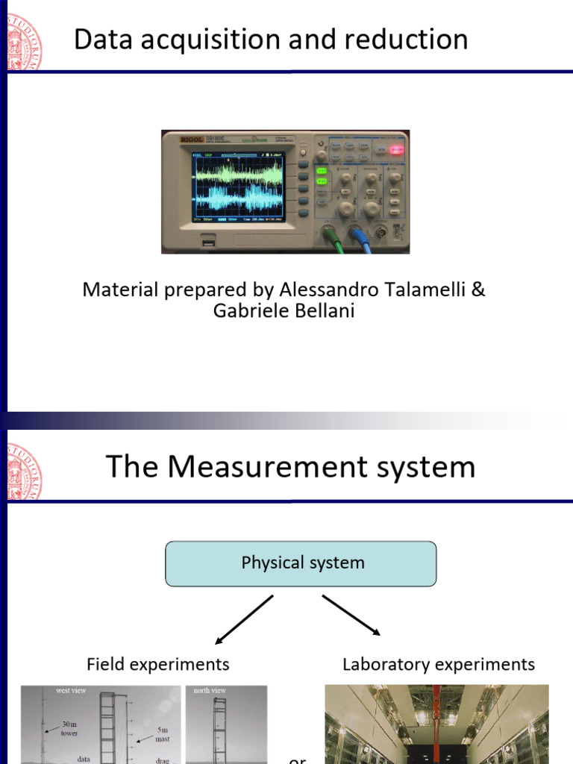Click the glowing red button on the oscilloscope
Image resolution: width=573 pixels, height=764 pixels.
pyautogui.click(x=395, y=149)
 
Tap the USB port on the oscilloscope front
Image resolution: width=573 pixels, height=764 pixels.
pyautogui.click(x=208, y=241)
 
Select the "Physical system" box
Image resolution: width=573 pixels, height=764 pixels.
pyautogui.click(x=301, y=563)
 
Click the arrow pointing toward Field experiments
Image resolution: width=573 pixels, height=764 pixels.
pyautogui.click(x=243, y=619)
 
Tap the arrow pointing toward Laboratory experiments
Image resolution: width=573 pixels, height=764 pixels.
pyautogui.click(x=351, y=616)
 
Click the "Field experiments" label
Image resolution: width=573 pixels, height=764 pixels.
pyautogui.click(x=157, y=664)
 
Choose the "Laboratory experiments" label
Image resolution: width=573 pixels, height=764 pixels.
pyautogui.click(x=438, y=664)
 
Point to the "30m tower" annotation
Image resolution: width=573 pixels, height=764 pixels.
pyautogui.click(x=69, y=728)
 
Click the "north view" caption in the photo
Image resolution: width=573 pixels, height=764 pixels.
pyautogui.click(x=210, y=691)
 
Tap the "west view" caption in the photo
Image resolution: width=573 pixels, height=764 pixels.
pyautogui.click(x=71, y=691)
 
